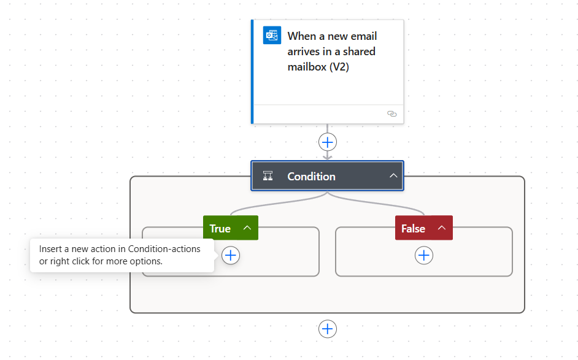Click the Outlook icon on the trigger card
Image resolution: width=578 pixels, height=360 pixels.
pos(272,35)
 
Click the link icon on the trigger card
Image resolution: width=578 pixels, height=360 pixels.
pos(392,113)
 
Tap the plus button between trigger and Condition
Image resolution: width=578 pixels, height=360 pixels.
pos(327,142)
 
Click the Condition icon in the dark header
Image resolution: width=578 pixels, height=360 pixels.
pos(268,176)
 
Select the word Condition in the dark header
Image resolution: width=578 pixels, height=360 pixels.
pos(312,177)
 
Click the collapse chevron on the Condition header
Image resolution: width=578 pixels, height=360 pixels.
pos(393,176)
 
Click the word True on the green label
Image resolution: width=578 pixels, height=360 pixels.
pos(220,229)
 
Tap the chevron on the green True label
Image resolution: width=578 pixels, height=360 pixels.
pos(247,228)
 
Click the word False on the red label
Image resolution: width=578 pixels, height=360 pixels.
pos(413,229)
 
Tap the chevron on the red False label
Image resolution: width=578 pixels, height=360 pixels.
pos(442,228)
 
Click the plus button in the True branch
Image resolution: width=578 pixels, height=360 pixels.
pos(231,255)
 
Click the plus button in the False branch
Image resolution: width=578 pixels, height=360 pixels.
pos(424,255)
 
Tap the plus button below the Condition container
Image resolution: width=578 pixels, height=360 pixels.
pos(327,329)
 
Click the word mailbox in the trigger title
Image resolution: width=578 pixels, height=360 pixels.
pos(307,67)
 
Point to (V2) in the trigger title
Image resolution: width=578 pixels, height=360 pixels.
pos(339,67)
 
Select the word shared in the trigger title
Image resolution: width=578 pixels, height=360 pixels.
pos(359,52)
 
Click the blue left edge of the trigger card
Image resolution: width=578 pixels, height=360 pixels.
pos(252,72)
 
